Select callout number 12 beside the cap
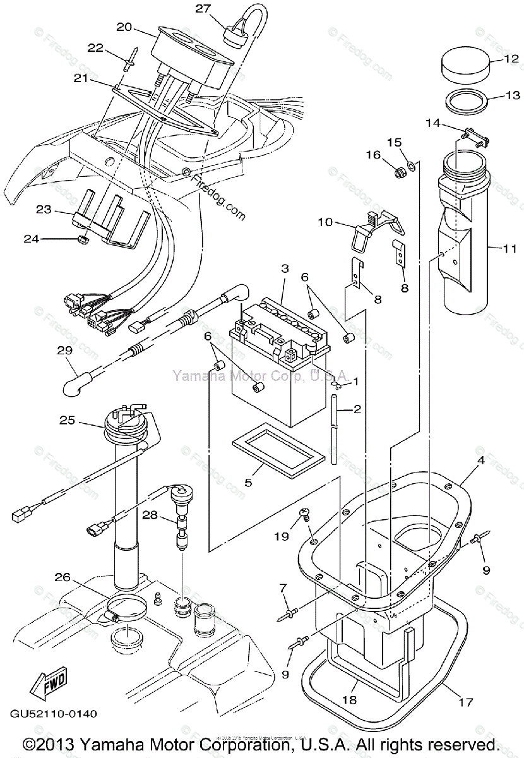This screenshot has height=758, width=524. pyautogui.click(x=511, y=59)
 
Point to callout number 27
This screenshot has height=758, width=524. pyautogui.click(x=202, y=8)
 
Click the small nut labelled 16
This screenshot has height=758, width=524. pyautogui.click(x=398, y=171)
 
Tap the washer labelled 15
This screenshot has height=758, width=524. pyautogui.click(x=412, y=166)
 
